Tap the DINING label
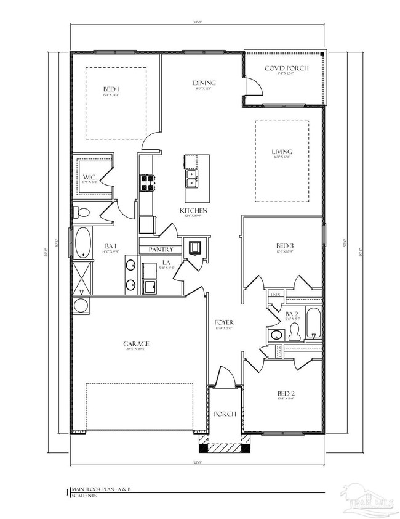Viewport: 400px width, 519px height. [204, 83]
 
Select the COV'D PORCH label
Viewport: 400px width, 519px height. [287, 68]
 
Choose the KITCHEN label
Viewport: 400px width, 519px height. [193, 211]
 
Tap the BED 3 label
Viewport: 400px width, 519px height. [282, 246]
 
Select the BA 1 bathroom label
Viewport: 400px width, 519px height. [110, 245]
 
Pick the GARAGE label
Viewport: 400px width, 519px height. [137, 345]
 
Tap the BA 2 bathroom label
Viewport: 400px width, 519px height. [292, 314]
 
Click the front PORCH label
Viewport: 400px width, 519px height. [225, 414]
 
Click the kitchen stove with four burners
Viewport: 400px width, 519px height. [148, 181]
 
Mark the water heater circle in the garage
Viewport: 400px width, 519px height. [81, 306]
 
